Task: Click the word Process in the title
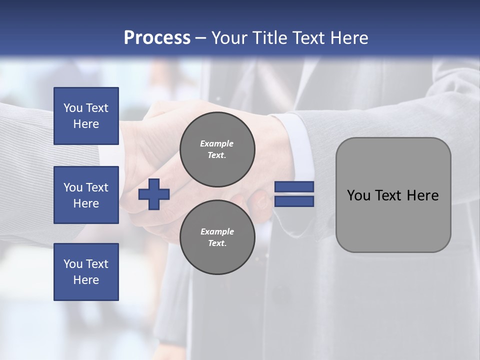(x=157, y=38)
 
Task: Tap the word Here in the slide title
(x=348, y=38)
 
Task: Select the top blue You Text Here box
(x=86, y=116)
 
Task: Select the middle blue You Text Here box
(x=86, y=195)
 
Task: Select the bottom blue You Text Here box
(x=86, y=271)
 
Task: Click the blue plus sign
(x=154, y=194)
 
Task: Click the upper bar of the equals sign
(x=294, y=187)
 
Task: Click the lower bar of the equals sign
(x=294, y=201)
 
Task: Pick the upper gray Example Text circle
(x=217, y=149)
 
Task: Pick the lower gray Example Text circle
(x=217, y=237)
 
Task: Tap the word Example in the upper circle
(x=216, y=143)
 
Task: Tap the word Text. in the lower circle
(x=217, y=243)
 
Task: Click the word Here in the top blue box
(x=86, y=124)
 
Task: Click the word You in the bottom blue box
(x=73, y=264)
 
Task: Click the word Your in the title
(x=227, y=38)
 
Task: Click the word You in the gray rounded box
(x=358, y=195)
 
